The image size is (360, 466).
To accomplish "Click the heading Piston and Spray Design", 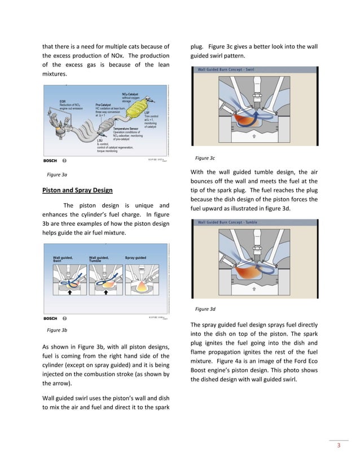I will point(78,190).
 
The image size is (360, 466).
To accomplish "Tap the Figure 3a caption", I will point(57,175).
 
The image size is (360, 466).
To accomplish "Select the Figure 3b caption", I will point(57,330).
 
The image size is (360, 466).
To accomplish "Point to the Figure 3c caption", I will point(205,159).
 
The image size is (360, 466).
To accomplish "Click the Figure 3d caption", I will point(205,309).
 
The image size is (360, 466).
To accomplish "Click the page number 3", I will point(339,447).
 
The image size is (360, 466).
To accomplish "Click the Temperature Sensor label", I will point(126,129).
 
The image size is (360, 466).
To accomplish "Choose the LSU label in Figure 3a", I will point(100,140).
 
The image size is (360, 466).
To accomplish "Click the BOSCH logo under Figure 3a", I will point(50,160).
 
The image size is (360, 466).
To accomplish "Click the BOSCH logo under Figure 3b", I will point(50,318).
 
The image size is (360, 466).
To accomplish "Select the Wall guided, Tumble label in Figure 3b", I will point(99,260).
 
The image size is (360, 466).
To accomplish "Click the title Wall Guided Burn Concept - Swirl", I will point(225,70).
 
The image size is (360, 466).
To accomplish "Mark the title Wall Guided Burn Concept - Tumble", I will point(227,223).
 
